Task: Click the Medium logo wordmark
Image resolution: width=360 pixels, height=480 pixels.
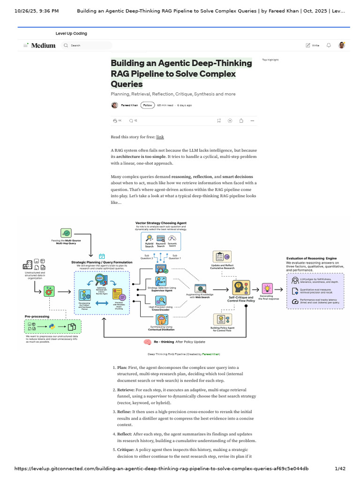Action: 43,45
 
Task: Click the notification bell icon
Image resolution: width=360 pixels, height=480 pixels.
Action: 329,45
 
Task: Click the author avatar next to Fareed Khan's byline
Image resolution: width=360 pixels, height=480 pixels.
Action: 114,105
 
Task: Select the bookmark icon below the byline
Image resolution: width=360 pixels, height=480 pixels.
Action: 218,120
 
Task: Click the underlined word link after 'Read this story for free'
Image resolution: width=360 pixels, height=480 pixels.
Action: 160,137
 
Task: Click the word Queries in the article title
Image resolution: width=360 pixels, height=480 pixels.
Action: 127,84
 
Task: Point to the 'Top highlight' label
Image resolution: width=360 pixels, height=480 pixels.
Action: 270,60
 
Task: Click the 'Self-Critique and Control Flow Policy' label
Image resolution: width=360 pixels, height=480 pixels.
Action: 241,299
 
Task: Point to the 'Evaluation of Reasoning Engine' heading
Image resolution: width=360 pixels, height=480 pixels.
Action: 311,258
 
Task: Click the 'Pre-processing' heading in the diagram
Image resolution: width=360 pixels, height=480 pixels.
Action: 37,317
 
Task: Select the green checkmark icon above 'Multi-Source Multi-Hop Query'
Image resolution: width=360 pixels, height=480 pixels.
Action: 66,233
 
